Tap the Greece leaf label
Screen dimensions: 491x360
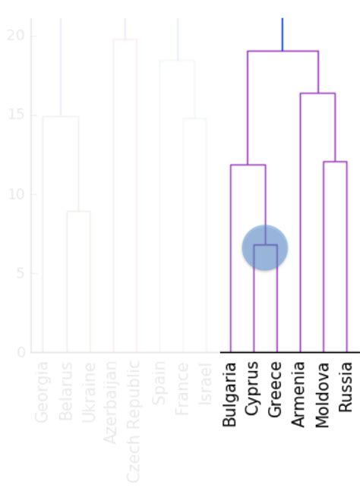(276, 389)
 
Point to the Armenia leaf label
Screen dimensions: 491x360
(300, 394)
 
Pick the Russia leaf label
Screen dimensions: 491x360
(346, 387)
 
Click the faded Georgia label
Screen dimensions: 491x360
(43, 392)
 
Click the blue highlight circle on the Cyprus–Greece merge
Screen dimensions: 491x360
(265, 247)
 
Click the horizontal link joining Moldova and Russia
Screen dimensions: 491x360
(335, 162)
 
